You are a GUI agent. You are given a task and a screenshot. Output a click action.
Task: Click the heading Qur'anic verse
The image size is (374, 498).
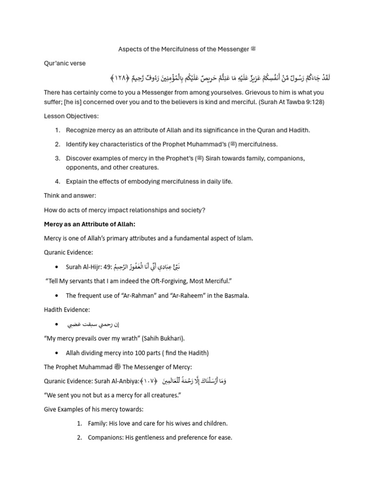[x=65, y=63]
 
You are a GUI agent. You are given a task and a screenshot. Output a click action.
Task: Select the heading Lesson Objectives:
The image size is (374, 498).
[x=71, y=116]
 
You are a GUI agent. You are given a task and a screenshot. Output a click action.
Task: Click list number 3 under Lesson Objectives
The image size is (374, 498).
[x=57, y=158]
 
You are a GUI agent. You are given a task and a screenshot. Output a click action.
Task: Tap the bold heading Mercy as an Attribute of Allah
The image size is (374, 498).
[x=89, y=224]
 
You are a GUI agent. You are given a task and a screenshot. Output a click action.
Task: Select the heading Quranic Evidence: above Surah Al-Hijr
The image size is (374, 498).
[x=69, y=252]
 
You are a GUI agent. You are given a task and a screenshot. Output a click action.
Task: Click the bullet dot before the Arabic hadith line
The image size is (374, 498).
[x=57, y=324]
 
